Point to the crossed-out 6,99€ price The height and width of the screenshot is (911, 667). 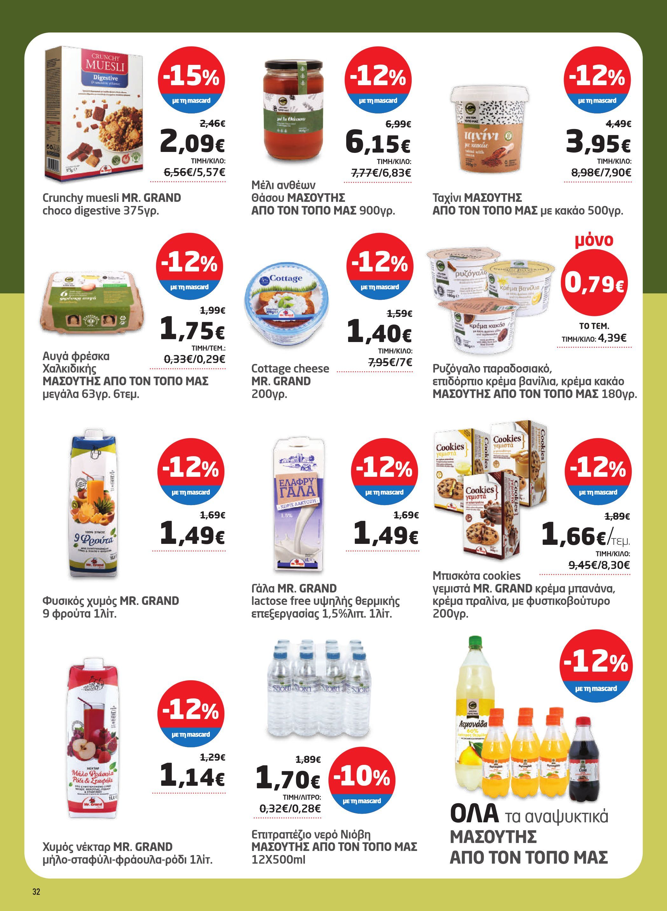tap(398, 125)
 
